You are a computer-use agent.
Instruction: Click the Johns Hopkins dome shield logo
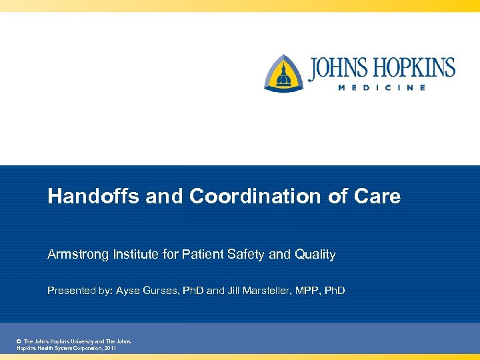(x=283, y=73)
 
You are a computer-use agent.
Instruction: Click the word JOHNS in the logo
(x=339, y=69)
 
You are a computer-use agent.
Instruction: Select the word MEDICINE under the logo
(x=381, y=88)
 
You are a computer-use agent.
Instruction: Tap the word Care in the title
(x=378, y=197)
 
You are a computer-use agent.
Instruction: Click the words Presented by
(x=79, y=291)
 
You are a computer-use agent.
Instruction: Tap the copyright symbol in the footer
(x=18, y=341)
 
